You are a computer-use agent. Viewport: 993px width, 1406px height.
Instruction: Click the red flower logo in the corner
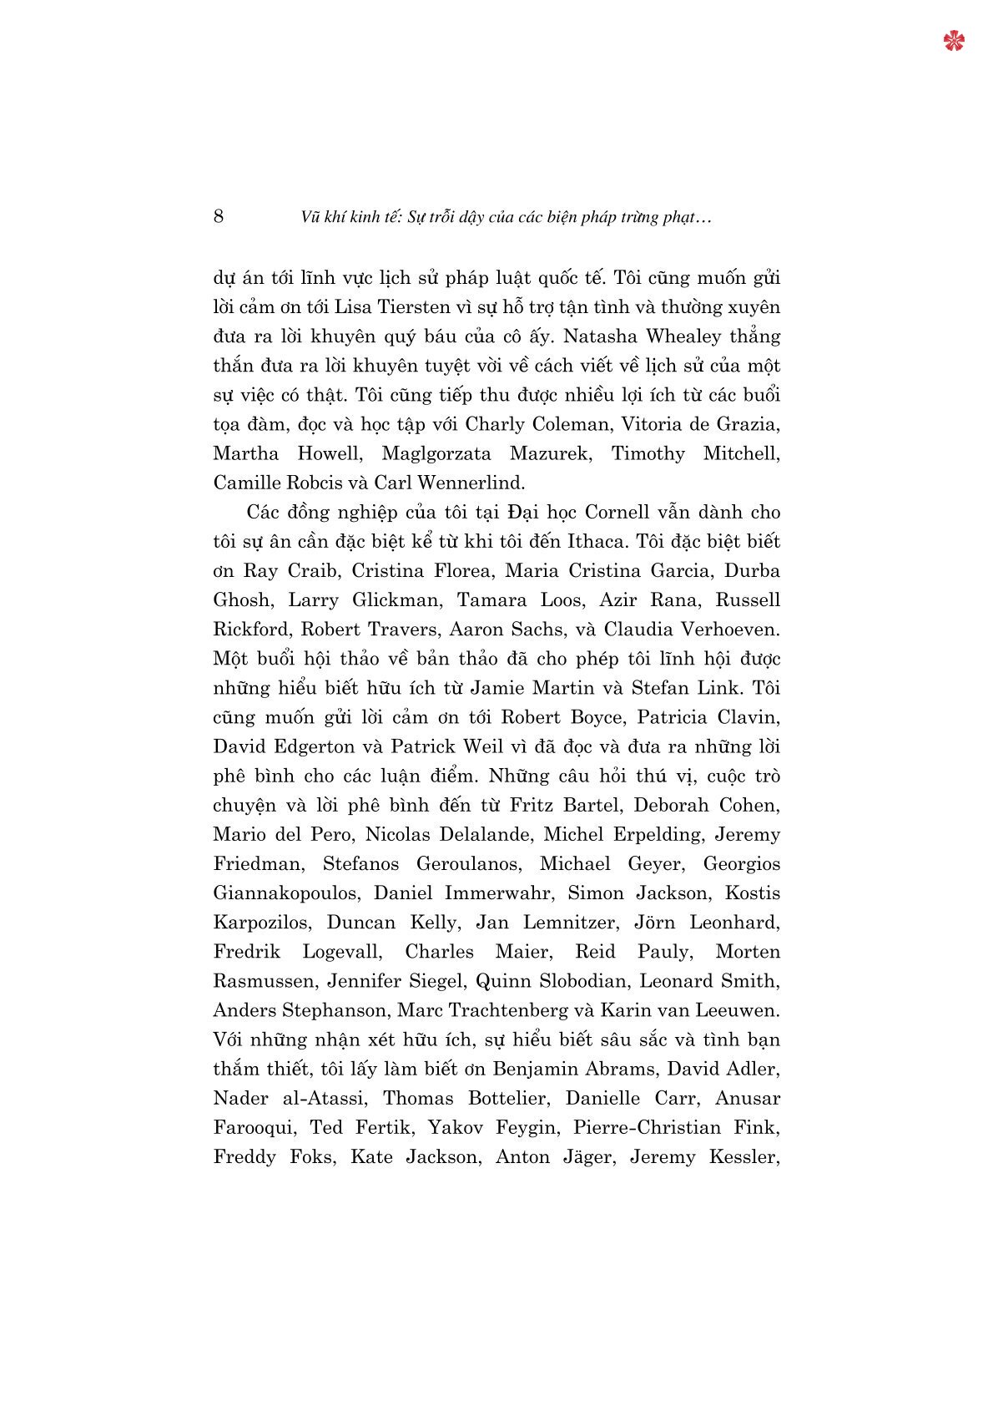[954, 40]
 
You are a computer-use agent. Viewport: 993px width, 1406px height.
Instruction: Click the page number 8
[219, 216]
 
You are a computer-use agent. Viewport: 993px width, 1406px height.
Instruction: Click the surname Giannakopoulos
[286, 893]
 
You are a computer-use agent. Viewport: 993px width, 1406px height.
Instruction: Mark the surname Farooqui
[254, 1128]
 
